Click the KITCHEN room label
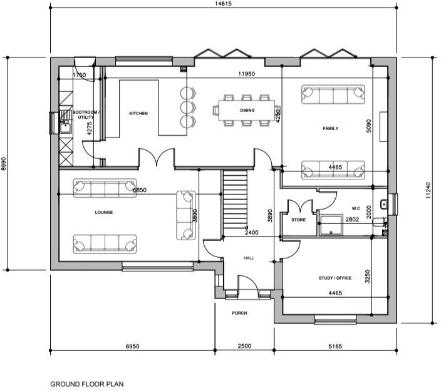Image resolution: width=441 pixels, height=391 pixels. point(138,113)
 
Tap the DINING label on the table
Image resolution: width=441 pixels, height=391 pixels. point(247,111)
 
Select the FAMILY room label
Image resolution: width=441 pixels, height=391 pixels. point(330,128)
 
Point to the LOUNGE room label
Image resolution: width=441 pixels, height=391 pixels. point(104,212)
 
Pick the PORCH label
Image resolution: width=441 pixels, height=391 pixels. point(239,313)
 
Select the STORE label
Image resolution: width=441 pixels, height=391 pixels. point(299,220)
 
